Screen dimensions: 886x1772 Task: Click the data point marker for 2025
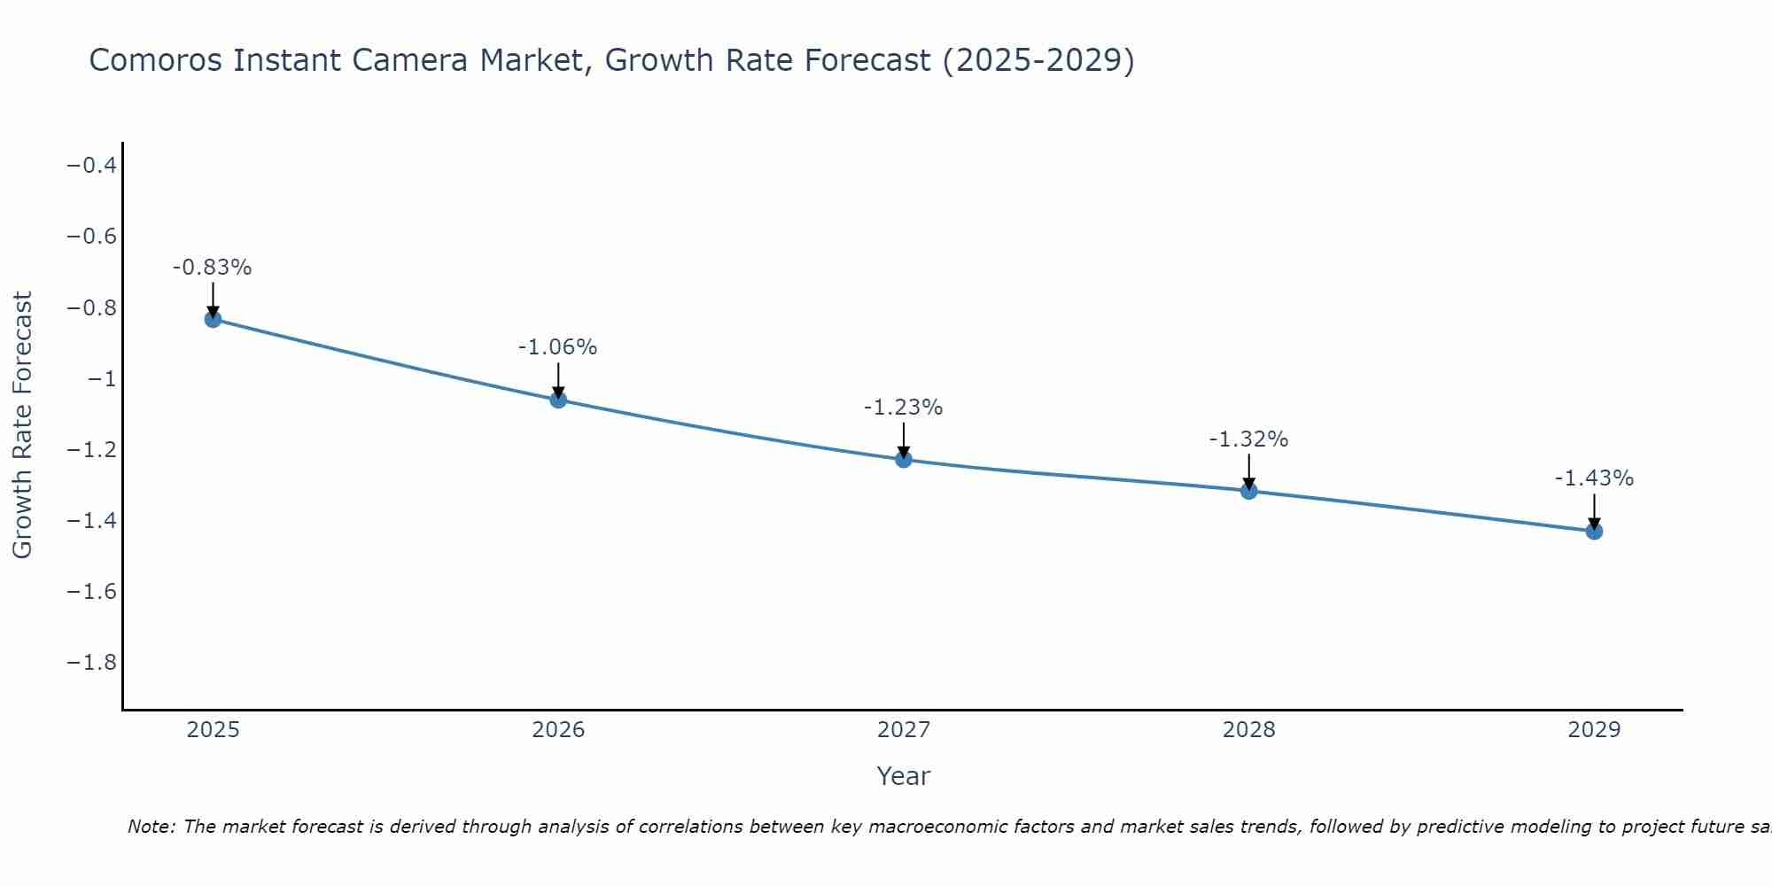click(x=213, y=319)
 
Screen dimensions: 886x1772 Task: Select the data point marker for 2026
click(x=558, y=400)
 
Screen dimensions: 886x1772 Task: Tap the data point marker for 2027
click(x=904, y=459)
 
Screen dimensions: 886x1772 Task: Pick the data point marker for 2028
click(x=1249, y=491)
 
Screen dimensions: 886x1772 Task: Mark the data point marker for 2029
click(x=1594, y=531)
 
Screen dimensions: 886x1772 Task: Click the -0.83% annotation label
click(x=213, y=268)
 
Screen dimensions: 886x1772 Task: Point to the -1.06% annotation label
click(x=558, y=347)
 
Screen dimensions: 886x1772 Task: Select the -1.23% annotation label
click(x=904, y=408)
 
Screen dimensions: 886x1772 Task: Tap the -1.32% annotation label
click(x=1249, y=439)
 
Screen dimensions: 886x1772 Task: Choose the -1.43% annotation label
click(x=1594, y=478)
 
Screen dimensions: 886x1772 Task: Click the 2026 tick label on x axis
click(x=558, y=730)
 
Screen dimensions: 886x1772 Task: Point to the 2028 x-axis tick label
click(x=1249, y=730)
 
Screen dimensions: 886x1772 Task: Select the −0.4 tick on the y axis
click(x=92, y=166)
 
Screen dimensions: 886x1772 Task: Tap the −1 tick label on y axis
click(x=102, y=379)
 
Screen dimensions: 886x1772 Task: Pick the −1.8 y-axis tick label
click(x=92, y=663)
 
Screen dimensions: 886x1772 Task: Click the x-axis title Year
click(x=904, y=776)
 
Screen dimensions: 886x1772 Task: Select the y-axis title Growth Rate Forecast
click(x=22, y=425)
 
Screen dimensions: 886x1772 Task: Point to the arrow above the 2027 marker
click(x=904, y=439)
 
